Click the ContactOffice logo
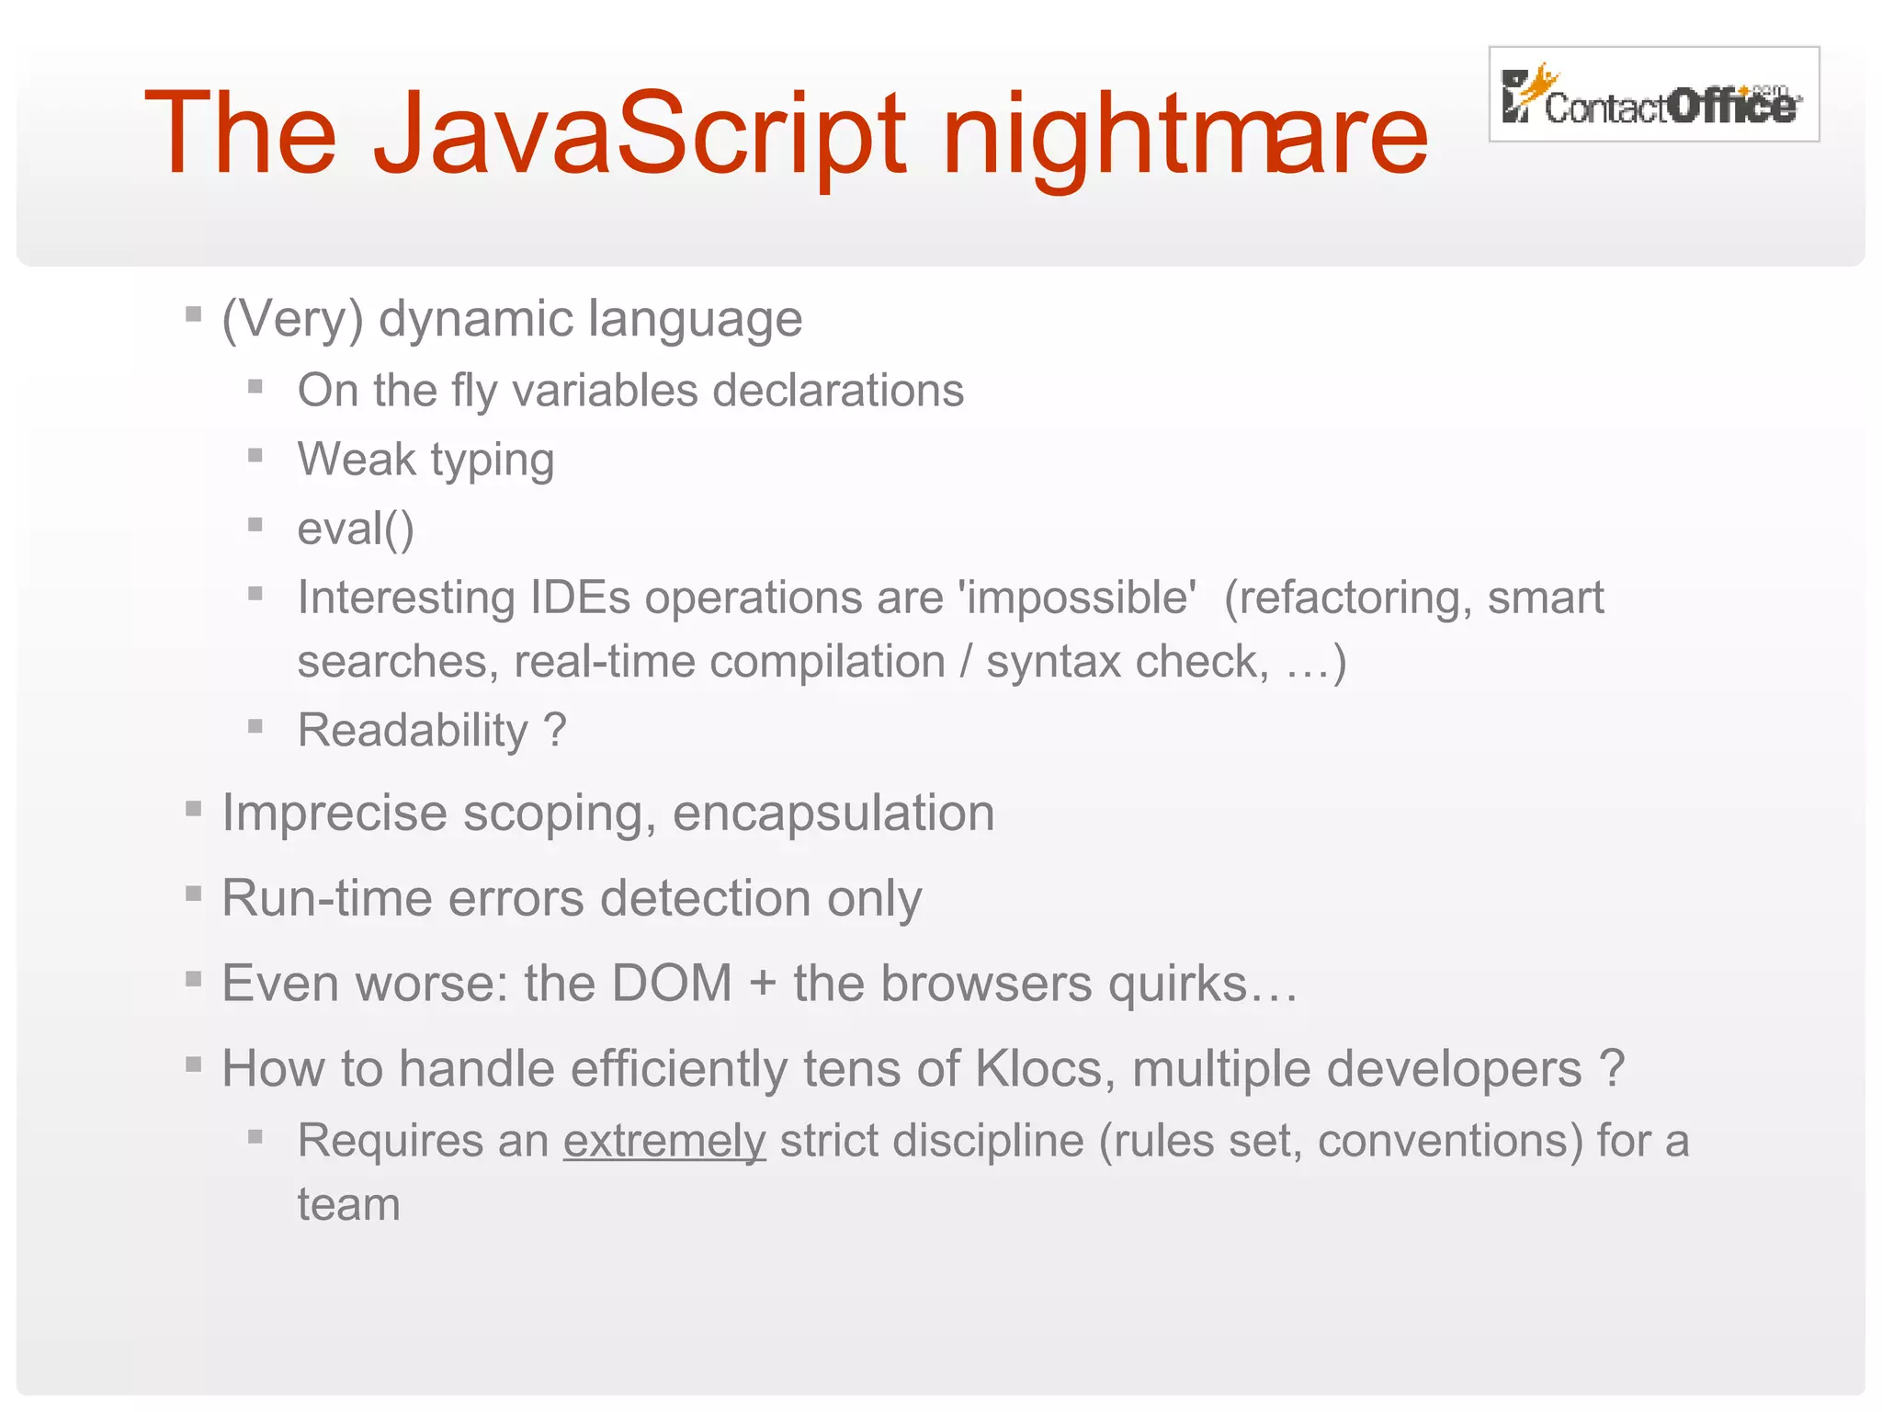point(1653,95)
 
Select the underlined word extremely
point(664,1142)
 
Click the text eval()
point(356,529)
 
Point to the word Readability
point(414,731)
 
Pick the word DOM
point(672,984)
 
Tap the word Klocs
point(1038,1069)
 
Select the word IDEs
point(580,598)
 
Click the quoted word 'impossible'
point(1077,598)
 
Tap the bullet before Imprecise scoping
point(193,809)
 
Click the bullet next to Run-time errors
point(193,894)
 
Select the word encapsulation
point(833,814)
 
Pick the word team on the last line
point(349,1205)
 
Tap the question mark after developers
point(1612,1069)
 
